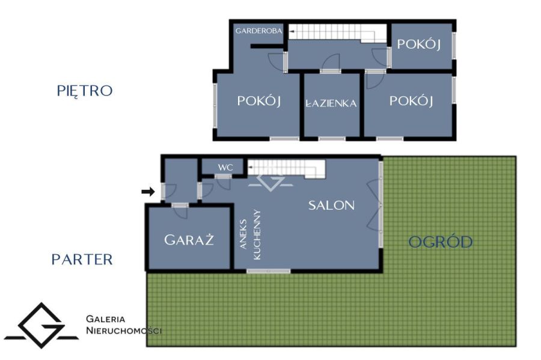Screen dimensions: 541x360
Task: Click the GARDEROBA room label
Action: pyautogui.click(x=258, y=31)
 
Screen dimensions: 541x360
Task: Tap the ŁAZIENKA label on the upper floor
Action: pyautogui.click(x=331, y=103)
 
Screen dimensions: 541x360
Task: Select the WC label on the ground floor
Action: pyautogui.click(x=225, y=168)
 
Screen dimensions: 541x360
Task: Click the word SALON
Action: pyautogui.click(x=331, y=205)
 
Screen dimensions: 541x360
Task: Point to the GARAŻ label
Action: pyautogui.click(x=189, y=240)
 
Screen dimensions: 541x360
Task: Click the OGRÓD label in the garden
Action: pyautogui.click(x=441, y=242)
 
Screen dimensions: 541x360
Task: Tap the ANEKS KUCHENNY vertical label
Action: pyautogui.click(x=250, y=234)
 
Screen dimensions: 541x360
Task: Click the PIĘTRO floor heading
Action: pyautogui.click(x=85, y=90)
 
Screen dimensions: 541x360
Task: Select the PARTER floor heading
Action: pyautogui.click(x=82, y=259)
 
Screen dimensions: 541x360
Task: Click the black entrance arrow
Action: pyautogui.click(x=148, y=191)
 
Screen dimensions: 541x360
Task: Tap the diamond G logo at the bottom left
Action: pyautogui.click(x=41, y=326)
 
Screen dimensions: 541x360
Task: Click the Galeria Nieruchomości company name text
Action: pyautogui.click(x=123, y=325)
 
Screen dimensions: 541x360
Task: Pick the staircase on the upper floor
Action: pyautogui.click(x=337, y=33)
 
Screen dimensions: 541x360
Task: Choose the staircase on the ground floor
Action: pyautogui.click(x=286, y=169)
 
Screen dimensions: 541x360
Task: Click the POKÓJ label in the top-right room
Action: pyautogui.click(x=419, y=44)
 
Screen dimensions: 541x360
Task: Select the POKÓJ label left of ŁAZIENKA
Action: pyautogui.click(x=258, y=101)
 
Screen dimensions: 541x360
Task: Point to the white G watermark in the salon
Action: pyautogui.click(x=271, y=183)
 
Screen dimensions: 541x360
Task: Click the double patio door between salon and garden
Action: pyautogui.click(x=374, y=205)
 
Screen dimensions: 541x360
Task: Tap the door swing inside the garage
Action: pyautogui.click(x=180, y=212)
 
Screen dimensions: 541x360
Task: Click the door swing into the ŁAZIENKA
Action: pyautogui.click(x=331, y=63)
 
